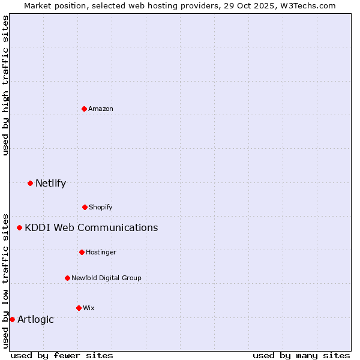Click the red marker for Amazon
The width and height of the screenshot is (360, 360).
pos(84,109)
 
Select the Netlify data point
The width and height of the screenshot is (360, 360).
pos(30,183)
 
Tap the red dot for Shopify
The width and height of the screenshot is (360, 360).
pos(85,207)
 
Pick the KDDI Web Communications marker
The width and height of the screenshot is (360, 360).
pos(19,227)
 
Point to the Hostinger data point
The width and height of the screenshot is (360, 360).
pos(82,252)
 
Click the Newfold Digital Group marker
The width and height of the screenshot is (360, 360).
pos(67,278)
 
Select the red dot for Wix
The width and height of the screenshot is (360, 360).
pos(79,308)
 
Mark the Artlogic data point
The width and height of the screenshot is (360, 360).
pos(12,319)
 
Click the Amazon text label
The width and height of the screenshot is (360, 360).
pos(101,109)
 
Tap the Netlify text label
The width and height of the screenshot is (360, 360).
pos(50,183)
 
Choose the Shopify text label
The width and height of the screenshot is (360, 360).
pos(101,207)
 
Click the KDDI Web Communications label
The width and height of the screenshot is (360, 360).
pos(91,227)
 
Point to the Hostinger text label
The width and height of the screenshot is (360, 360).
pos(101,252)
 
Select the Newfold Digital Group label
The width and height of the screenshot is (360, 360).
pos(106,278)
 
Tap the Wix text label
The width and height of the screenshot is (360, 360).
pos(89,308)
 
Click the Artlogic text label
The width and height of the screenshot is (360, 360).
pos(35,319)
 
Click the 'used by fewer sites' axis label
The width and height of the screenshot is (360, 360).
pos(62,355)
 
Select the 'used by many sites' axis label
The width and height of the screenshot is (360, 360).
pos(301,355)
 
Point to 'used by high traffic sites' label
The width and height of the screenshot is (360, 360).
pos(5,85)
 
